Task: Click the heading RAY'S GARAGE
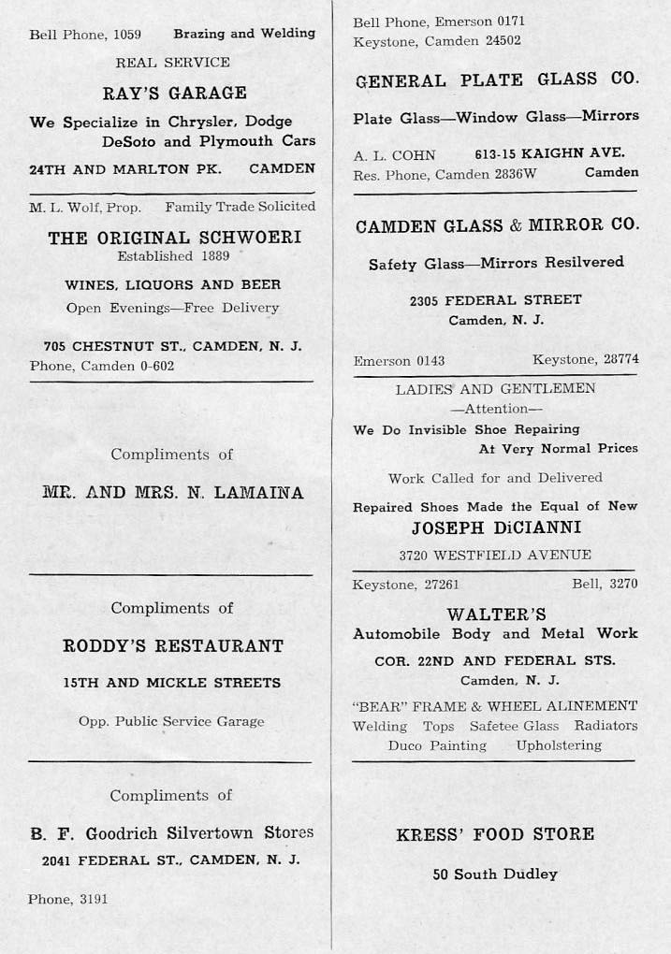pos(174,93)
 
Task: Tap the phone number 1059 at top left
pos(126,35)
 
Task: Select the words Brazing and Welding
pos(244,34)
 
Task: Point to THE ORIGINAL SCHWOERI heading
pos(174,238)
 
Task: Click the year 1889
pos(214,255)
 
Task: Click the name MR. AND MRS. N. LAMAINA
pos(173,493)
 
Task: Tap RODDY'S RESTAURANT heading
pos(172,646)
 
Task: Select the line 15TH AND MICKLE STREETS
pos(171,683)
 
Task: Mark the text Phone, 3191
pos(68,899)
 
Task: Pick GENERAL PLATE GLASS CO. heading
pos(497,81)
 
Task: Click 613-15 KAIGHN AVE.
pos(549,153)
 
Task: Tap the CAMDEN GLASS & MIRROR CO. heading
pos(497,225)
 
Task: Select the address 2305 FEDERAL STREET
pos(495,300)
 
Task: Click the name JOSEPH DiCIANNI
pos(495,528)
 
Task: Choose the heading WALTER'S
pos(496,614)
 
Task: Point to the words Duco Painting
pos(437,746)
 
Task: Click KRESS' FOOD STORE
pos(495,834)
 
